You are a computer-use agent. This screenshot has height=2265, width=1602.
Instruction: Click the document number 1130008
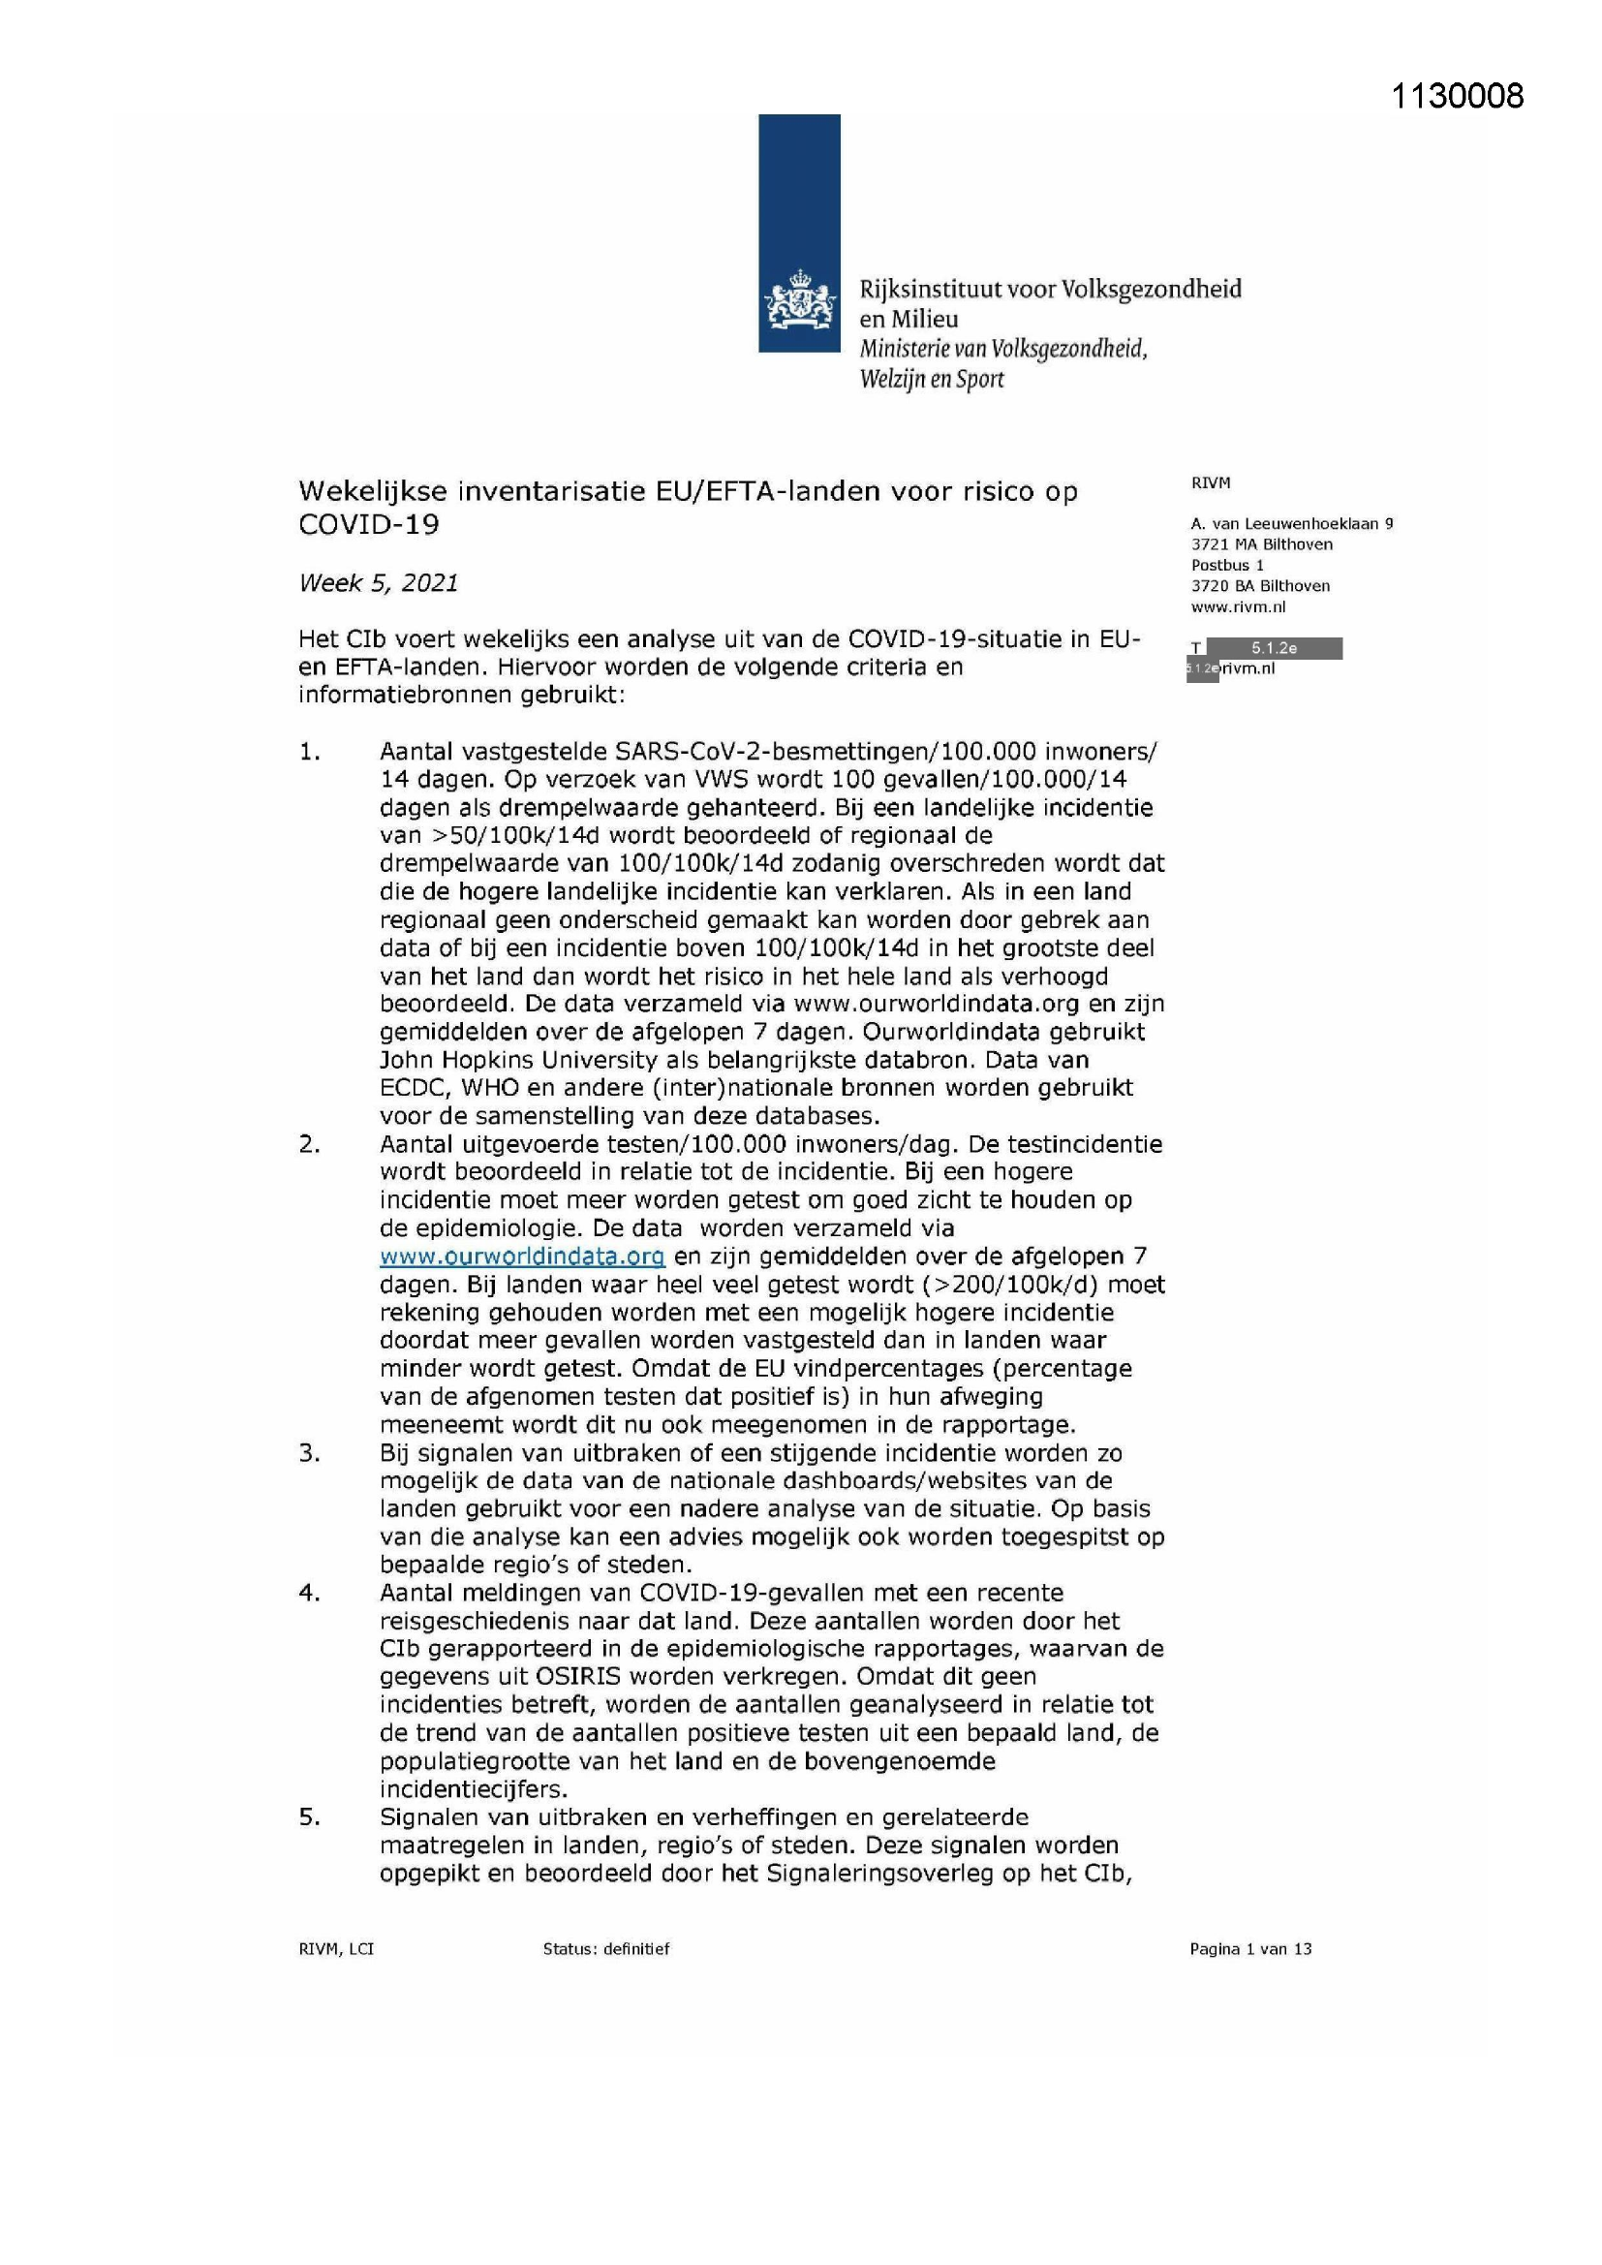(x=1456, y=96)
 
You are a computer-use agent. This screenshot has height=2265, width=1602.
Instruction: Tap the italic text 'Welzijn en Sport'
(x=931, y=379)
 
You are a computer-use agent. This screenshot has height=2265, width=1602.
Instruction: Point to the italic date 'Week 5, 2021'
(x=378, y=583)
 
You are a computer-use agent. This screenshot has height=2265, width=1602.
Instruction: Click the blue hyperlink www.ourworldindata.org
(x=522, y=1256)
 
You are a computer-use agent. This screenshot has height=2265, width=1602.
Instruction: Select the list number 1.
(x=309, y=752)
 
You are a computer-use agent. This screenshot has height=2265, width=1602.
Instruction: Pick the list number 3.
(x=309, y=1452)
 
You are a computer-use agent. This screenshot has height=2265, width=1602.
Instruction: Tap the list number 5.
(x=309, y=1816)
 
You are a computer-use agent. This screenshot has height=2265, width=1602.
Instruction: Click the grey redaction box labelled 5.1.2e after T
(x=1274, y=648)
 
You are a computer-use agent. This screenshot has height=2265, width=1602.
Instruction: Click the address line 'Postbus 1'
(x=1227, y=565)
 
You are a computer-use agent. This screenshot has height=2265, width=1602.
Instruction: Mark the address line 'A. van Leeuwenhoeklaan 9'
(x=1291, y=524)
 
